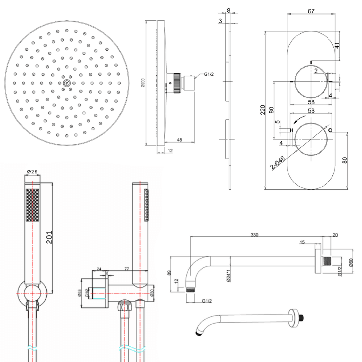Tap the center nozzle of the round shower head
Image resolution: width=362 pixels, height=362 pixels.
[66, 83]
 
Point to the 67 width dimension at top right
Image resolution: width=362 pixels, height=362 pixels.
[311, 11]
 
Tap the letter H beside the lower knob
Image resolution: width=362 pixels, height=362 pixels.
[291, 130]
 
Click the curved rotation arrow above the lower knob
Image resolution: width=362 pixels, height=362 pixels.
[299, 120]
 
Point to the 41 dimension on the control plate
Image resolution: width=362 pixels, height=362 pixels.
[336, 46]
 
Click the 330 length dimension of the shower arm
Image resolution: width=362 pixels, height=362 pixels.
[254, 235]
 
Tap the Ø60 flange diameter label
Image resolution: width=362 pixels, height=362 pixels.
[351, 263]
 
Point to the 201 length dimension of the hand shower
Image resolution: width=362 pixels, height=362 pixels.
[50, 237]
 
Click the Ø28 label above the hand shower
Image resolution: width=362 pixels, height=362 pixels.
[32, 172]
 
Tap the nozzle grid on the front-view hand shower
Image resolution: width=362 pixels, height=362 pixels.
[32, 205]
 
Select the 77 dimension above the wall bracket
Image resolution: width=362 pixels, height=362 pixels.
[127, 269]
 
